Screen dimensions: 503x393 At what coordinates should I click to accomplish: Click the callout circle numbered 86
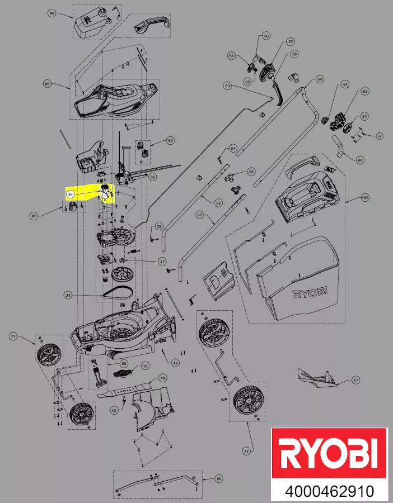(x=52, y=13)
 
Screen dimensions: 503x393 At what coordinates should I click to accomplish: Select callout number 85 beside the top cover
(x=48, y=84)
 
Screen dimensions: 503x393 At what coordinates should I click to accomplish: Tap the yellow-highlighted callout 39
(x=70, y=194)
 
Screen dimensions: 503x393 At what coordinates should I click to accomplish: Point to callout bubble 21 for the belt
(x=68, y=295)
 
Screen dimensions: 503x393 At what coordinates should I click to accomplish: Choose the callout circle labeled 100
(x=365, y=198)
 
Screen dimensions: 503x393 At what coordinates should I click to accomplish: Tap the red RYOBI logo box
(x=329, y=453)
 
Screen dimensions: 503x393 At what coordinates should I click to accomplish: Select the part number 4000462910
(x=329, y=492)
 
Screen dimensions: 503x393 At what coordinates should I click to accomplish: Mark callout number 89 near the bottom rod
(x=219, y=479)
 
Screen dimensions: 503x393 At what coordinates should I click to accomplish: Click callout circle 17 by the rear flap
(x=355, y=380)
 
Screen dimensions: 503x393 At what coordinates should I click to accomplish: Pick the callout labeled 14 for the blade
(x=163, y=378)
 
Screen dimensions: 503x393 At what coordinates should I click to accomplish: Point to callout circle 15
(x=145, y=366)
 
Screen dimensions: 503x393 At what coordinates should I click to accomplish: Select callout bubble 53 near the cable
(x=227, y=86)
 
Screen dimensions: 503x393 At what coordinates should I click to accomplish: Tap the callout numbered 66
(x=251, y=172)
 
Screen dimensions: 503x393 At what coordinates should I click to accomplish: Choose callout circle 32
(x=159, y=226)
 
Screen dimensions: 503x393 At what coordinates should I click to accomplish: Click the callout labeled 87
(x=171, y=141)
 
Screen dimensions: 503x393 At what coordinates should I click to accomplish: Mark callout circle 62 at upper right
(x=365, y=91)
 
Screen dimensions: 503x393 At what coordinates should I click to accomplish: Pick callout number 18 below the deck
(x=175, y=363)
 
